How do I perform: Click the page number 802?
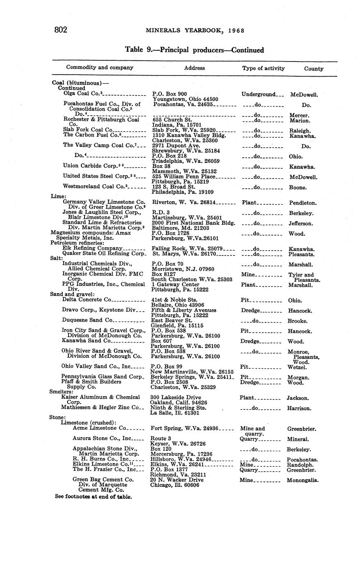(x=61, y=30)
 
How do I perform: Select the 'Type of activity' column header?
(x=263, y=68)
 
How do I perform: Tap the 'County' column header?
(x=314, y=68)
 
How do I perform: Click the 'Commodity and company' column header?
(x=100, y=67)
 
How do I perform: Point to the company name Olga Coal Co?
(x=85, y=94)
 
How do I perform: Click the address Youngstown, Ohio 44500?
(x=185, y=99)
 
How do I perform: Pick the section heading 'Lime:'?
(x=58, y=196)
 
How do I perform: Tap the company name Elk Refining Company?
(x=92, y=248)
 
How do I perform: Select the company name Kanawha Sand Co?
(x=87, y=340)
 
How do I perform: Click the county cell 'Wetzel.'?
(x=297, y=367)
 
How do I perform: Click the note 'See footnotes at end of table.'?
(x=93, y=496)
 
